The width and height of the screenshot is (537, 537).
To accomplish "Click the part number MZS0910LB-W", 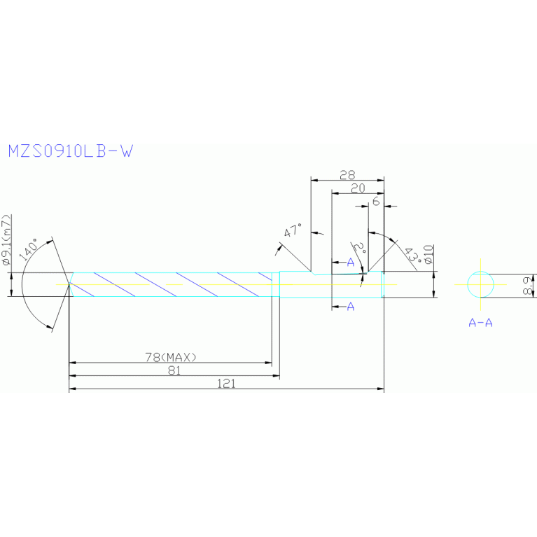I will [69, 151].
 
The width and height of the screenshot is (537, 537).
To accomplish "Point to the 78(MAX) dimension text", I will [171, 357].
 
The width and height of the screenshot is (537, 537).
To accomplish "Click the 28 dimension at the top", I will [347, 175].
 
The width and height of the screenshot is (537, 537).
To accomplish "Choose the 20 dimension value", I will [358, 188].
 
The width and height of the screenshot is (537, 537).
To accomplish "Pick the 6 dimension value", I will [376, 201].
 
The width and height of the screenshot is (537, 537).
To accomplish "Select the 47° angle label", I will [293, 231].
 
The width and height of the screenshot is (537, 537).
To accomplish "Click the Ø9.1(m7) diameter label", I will [8, 242].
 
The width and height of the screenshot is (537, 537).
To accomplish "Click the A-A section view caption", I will [480, 323].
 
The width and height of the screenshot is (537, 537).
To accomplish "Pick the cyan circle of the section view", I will [481, 284].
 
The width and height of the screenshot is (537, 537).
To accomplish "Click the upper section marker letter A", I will [351, 262].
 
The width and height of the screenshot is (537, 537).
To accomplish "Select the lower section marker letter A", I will [351, 306].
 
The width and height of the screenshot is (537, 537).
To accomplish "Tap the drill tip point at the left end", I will [69, 284].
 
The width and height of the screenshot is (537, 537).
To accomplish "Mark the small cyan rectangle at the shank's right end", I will [382, 284].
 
